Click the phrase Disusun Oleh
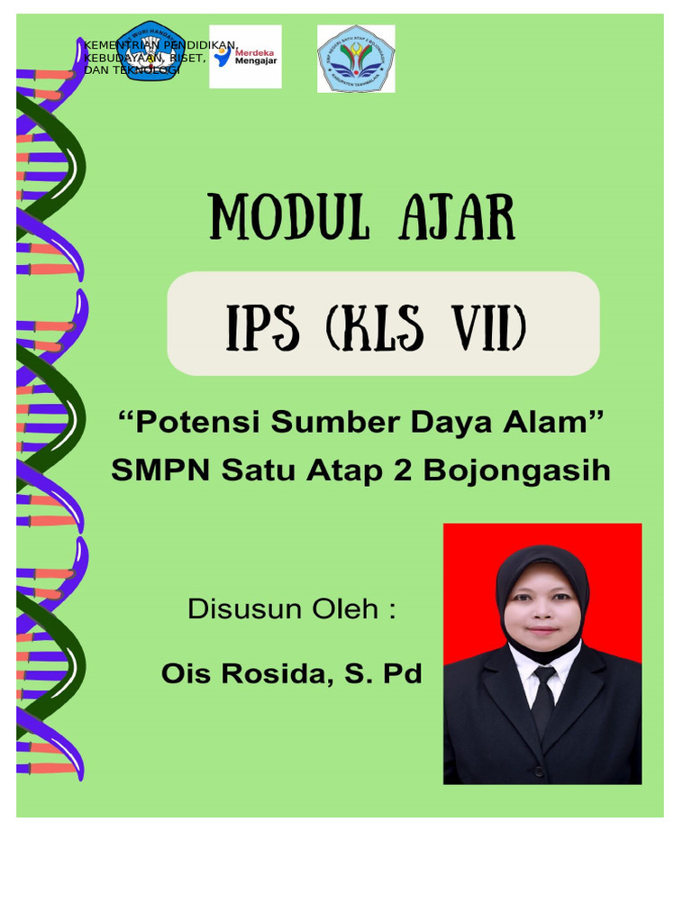click(x=291, y=609)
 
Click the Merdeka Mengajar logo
click(x=245, y=57)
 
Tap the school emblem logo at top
click(x=356, y=59)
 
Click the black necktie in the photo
click(x=542, y=699)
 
